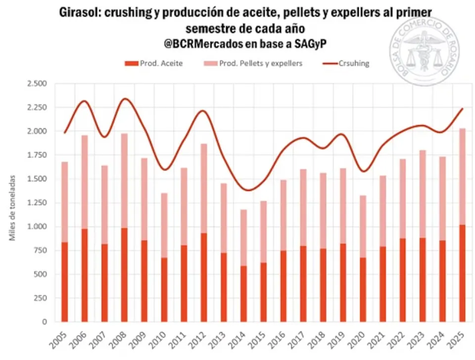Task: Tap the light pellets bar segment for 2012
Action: [x=204, y=188]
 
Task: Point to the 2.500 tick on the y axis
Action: [x=37, y=84]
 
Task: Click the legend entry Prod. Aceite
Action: [x=154, y=63]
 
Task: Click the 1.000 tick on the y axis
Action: [x=37, y=227]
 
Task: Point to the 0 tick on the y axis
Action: [x=44, y=322]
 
